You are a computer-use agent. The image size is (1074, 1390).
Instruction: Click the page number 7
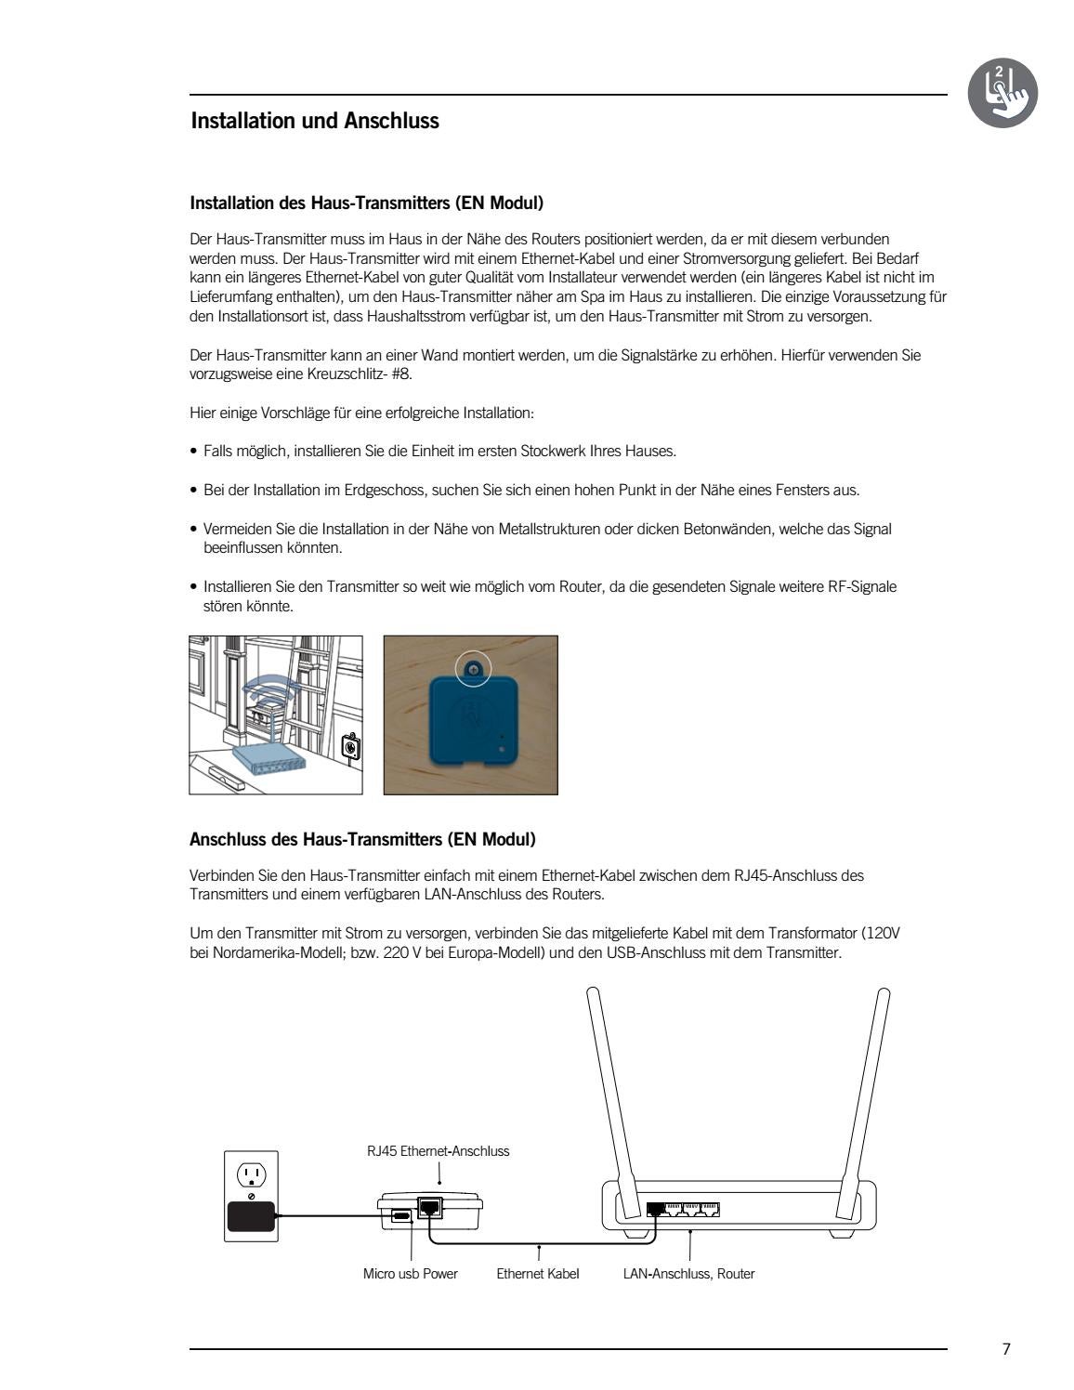coord(1006,1350)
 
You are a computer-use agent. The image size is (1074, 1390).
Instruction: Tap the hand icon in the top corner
coord(1002,93)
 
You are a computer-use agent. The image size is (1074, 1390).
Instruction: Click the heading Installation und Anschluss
coord(314,121)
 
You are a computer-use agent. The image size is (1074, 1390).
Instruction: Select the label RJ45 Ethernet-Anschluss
coord(438,1151)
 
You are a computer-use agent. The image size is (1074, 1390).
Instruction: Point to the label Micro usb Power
coord(410,1274)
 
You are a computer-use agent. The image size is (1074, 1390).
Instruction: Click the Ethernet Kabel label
coord(537,1274)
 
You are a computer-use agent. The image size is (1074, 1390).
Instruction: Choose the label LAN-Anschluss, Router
coord(688,1274)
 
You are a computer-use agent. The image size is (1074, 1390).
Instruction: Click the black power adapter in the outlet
coord(251,1216)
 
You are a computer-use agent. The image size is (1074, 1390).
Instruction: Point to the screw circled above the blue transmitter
coord(473,667)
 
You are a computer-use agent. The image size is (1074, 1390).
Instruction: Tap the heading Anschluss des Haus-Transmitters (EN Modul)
coord(362,840)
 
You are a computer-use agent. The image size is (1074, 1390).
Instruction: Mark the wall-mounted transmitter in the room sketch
coord(350,746)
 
